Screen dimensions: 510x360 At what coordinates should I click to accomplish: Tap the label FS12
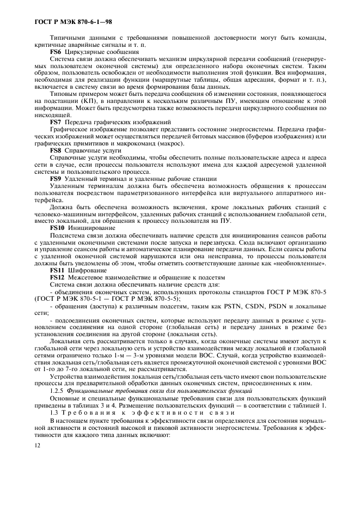coord(58,277)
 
